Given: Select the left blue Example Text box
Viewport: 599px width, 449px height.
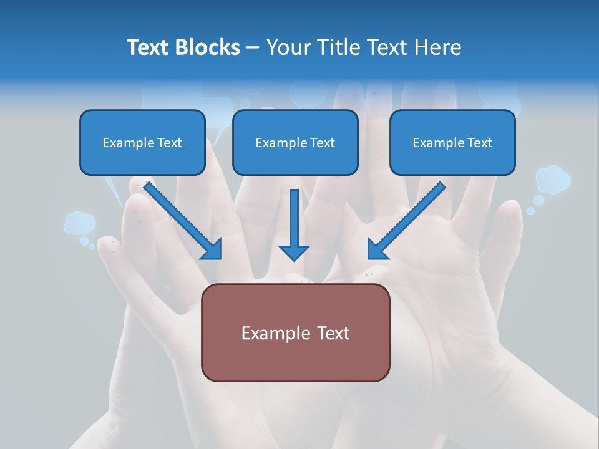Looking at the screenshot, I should tap(142, 142).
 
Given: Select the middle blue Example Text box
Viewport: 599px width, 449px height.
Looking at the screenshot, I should tap(295, 142).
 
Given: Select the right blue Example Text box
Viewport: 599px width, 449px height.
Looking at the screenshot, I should tap(452, 142).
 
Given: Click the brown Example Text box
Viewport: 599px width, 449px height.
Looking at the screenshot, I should tap(295, 332).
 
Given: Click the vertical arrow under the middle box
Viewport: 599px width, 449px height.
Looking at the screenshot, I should tap(294, 218).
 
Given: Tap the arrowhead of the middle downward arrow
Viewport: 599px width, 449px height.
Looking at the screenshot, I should tap(294, 252).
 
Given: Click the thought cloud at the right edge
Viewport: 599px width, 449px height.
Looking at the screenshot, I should tap(553, 179).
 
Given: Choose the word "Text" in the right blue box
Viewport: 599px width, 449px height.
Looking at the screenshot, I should tap(479, 142).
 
